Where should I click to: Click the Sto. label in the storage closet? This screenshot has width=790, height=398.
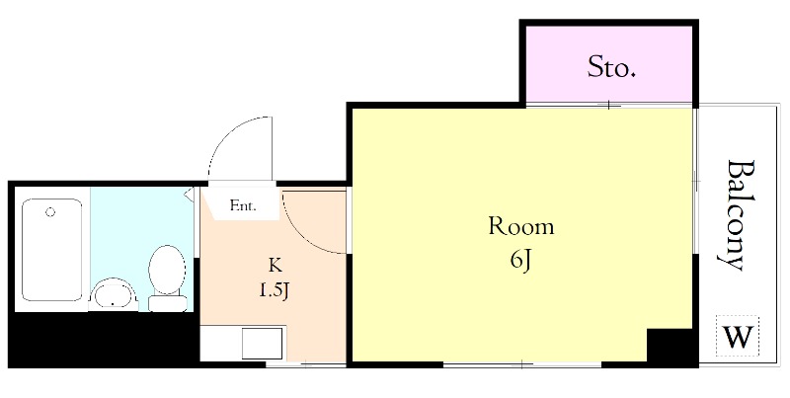click(x=611, y=67)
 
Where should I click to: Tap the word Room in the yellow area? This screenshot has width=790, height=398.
click(x=521, y=227)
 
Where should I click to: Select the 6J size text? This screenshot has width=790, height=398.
click(x=521, y=262)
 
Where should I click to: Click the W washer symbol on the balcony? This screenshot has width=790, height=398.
click(x=738, y=336)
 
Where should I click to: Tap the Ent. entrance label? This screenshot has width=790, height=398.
click(x=243, y=205)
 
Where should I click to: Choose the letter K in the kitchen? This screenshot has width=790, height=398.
click(x=275, y=265)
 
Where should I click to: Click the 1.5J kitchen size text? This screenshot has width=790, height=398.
click(x=275, y=290)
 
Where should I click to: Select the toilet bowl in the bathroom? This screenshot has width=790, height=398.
click(x=167, y=270)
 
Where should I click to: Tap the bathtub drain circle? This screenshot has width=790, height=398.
click(x=50, y=211)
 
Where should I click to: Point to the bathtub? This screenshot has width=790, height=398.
click(x=52, y=250)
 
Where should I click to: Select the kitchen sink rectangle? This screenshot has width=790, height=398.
click(x=262, y=343)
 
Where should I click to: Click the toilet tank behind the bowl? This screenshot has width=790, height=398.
click(x=168, y=303)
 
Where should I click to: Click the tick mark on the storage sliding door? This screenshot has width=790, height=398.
click(x=609, y=105)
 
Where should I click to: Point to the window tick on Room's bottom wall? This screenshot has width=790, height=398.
click(x=522, y=363)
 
